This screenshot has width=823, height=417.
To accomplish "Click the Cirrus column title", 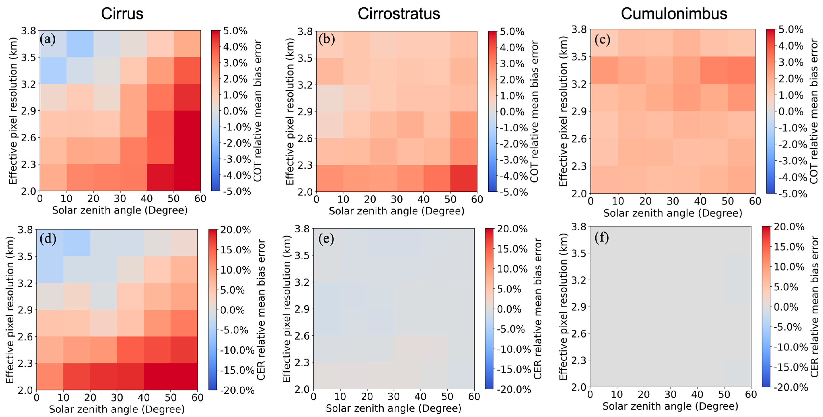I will coord(122,14).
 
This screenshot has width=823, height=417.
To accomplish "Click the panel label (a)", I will coord(48,39).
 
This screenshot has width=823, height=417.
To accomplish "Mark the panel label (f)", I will coord(602,237).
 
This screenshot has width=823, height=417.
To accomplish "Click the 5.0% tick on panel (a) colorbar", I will coord(235,31).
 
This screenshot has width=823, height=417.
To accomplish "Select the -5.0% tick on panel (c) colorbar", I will coord(792,194).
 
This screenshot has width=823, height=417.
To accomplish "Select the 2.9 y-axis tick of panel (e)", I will coord(302,309).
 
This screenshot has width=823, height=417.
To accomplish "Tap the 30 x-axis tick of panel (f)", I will coord(671,395).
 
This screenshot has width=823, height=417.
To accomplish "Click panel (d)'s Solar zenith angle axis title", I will coord(117,409).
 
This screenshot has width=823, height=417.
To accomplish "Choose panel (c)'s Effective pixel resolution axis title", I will coord(563,111).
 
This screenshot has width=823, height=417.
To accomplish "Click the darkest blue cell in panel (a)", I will coord(80,44).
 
